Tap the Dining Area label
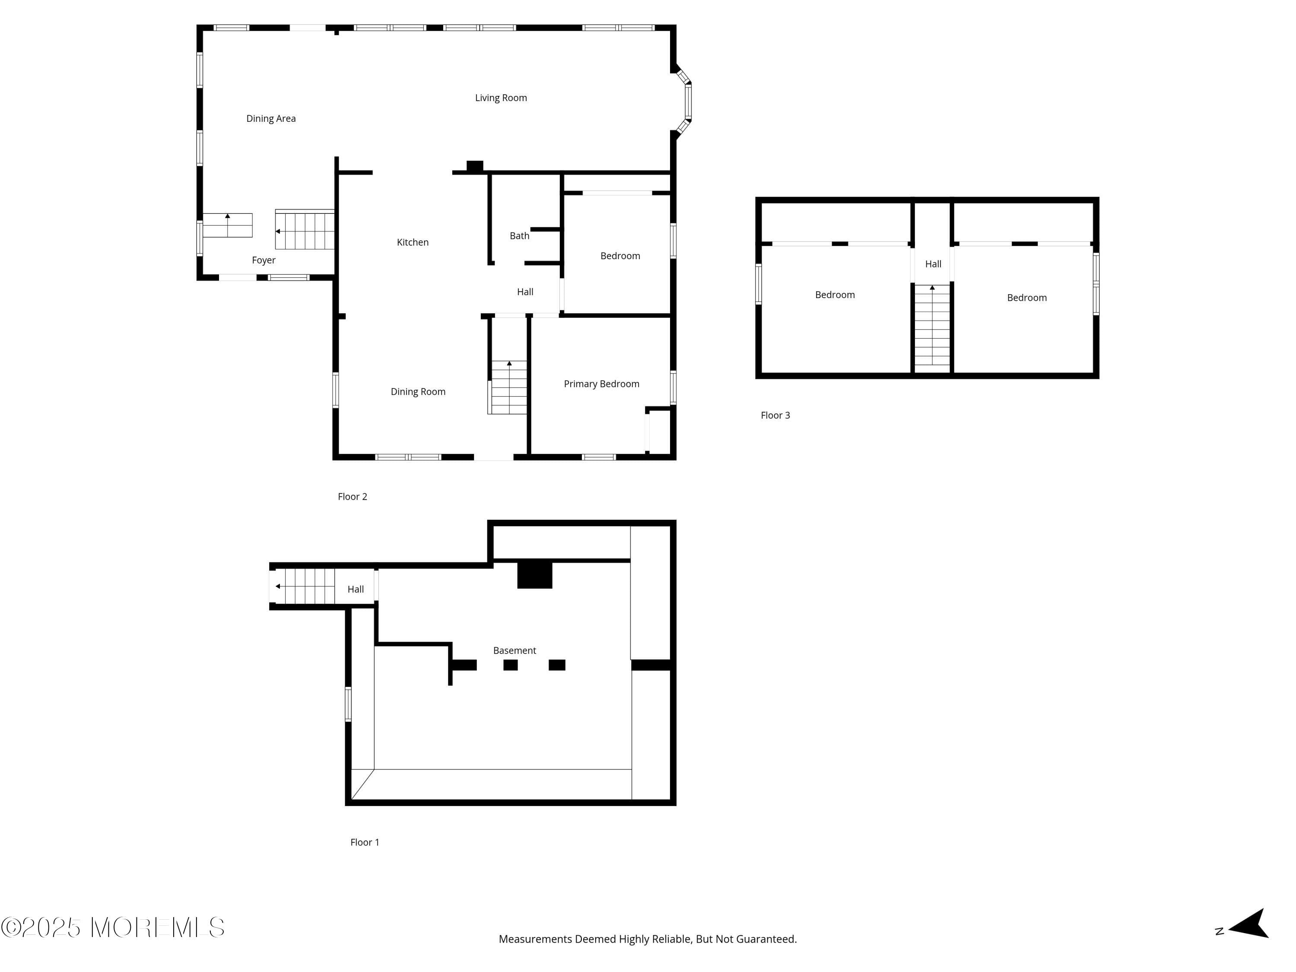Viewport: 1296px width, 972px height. [x=271, y=118]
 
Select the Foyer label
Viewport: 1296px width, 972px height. [x=263, y=260]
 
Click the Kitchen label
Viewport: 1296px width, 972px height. [x=413, y=242]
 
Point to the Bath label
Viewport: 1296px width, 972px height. [x=519, y=235]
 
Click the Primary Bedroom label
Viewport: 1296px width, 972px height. [x=601, y=384]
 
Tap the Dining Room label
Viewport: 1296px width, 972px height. [x=418, y=391]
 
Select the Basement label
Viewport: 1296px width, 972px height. [x=515, y=650]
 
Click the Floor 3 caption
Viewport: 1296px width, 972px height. [x=775, y=416]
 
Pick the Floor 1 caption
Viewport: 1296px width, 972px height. [x=365, y=842]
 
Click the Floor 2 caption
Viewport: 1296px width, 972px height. [x=352, y=496]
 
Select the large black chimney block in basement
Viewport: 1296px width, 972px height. [x=534, y=575]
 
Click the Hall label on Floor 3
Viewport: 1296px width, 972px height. [x=933, y=264]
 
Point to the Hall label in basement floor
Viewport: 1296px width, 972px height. [x=355, y=589]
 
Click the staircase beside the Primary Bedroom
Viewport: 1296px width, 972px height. [x=508, y=388]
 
